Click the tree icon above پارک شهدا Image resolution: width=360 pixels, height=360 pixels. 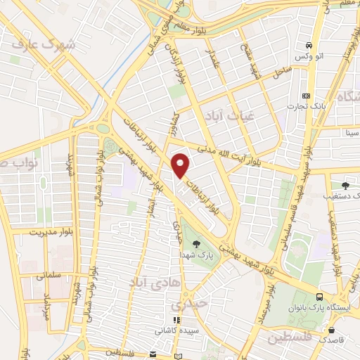(195, 244)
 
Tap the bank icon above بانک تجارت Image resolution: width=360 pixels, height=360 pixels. (305, 96)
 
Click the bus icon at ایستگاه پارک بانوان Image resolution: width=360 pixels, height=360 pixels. (320, 297)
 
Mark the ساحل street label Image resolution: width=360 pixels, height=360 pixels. (281, 71)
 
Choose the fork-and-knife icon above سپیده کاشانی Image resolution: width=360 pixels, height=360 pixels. (176, 319)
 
